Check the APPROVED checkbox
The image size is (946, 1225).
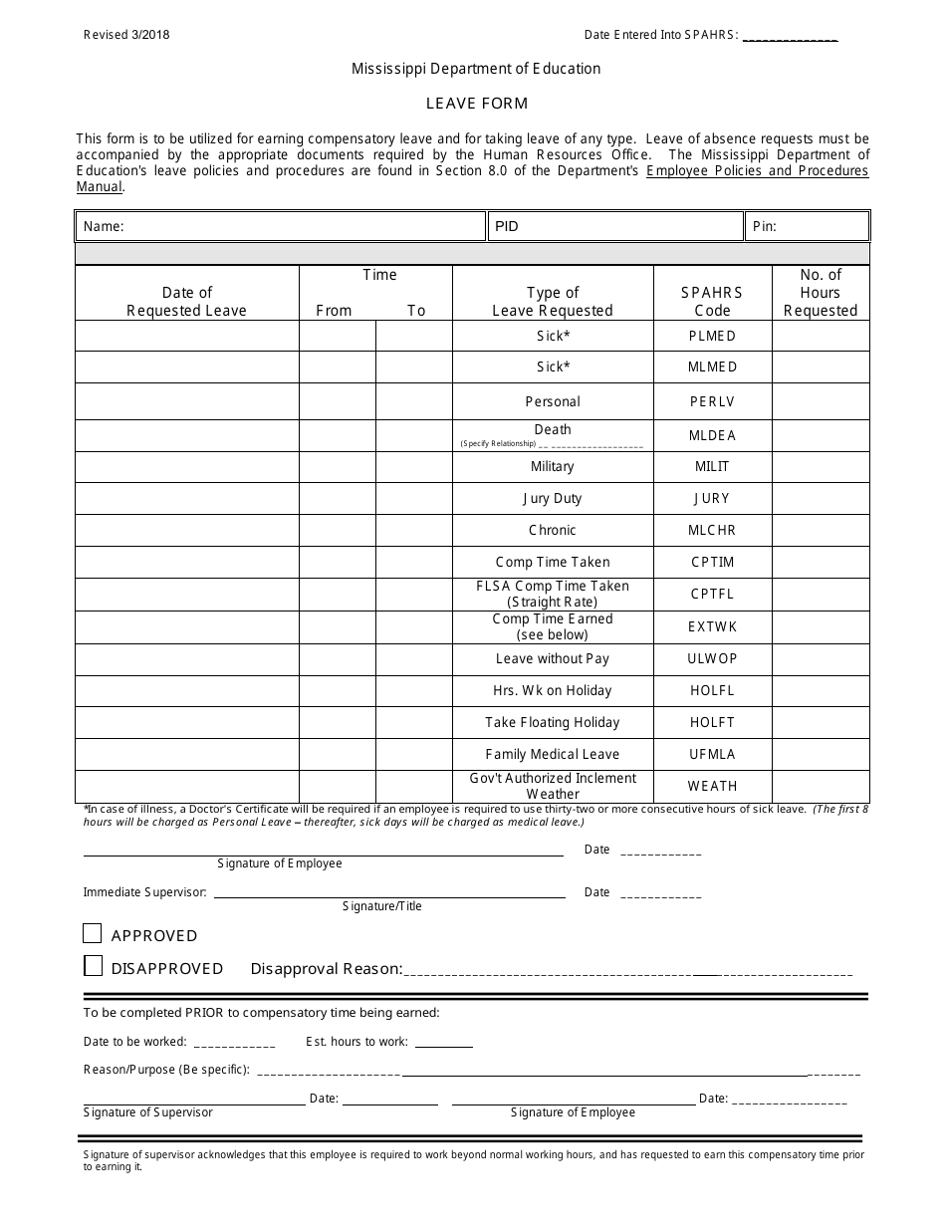(93, 934)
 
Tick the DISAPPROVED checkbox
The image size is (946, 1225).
(93, 966)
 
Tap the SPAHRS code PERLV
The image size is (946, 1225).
(712, 401)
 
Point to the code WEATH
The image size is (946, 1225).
(712, 786)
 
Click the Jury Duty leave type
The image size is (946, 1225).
(553, 498)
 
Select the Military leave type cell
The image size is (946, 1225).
(553, 466)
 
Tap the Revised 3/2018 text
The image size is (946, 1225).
(126, 34)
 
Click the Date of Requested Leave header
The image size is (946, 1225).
(186, 301)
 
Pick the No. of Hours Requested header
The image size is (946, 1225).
(821, 292)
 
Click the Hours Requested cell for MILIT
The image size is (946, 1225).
(821, 466)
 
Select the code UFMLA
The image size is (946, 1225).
(712, 754)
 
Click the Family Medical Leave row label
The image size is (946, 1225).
(553, 754)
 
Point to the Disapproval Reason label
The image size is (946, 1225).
(326, 968)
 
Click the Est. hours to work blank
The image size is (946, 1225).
(443, 1042)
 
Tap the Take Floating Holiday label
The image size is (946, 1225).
(553, 722)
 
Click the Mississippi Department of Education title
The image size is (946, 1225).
(476, 69)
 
